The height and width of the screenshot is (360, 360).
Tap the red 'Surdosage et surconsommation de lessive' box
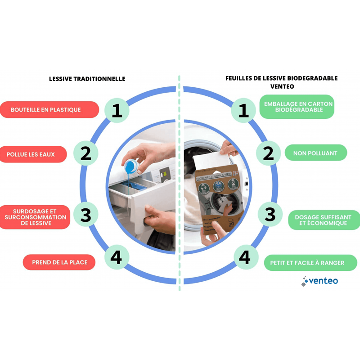(35, 217)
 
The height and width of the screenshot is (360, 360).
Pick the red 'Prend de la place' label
(59, 262)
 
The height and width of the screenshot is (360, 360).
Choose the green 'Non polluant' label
(315, 153)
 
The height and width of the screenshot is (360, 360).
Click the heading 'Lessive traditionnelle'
(87, 79)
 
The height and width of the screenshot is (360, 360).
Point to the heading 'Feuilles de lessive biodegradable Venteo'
(282, 82)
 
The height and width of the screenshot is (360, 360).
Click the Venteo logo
(320, 281)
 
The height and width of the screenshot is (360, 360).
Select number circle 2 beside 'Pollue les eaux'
(86, 153)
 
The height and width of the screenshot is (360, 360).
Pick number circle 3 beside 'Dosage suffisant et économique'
(270, 214)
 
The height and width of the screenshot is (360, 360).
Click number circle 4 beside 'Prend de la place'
(116, 257)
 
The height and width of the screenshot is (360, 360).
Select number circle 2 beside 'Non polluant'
(268, 153)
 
